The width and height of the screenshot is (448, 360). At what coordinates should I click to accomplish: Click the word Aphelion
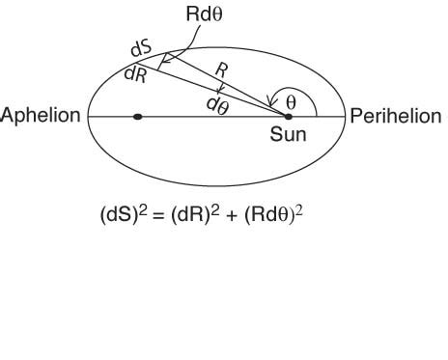pyautogui.click(x=42, y=116)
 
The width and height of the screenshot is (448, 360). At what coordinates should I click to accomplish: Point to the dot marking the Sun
pyautogui.click(x=288, y=117)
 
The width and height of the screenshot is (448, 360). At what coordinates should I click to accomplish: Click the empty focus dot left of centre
pyautogui.click(x=138, y=117)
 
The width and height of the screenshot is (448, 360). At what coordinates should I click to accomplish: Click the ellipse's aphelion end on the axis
pyautogui.click(x=89, y=117)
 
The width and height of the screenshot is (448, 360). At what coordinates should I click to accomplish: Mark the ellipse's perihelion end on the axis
pyautogui.click(x=345, y=117)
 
